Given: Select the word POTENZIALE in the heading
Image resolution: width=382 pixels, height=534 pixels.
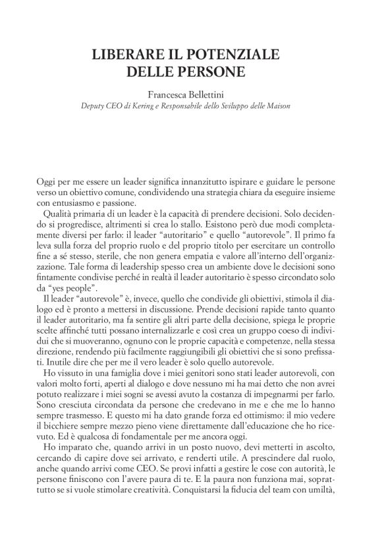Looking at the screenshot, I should click(229, 54).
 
